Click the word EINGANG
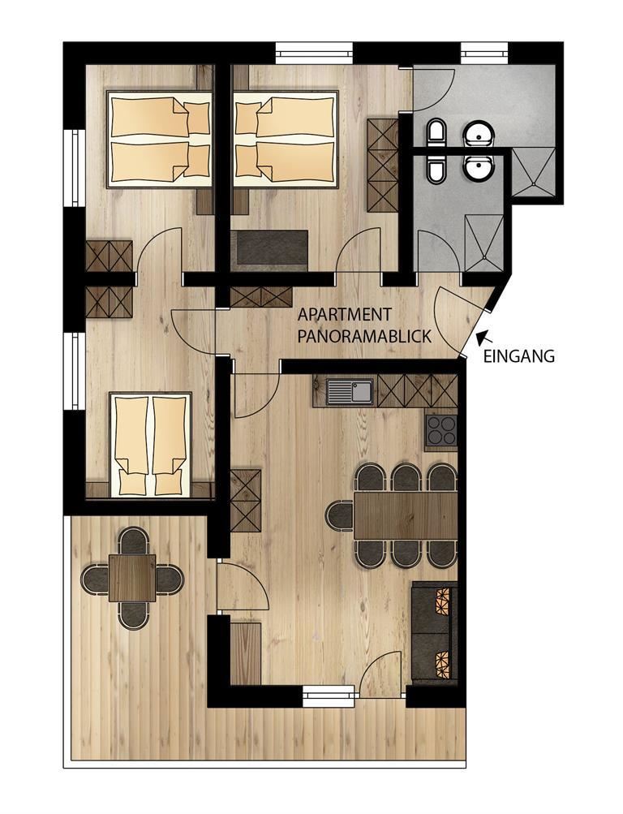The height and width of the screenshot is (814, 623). point(519,356)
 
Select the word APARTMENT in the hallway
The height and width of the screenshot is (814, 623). point(345,315)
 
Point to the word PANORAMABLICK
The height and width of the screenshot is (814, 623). point(364,337)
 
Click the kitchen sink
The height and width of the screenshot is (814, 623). point(350,391)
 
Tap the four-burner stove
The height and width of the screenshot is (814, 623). point(441,432)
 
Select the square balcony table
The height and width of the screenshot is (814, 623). point(132,578)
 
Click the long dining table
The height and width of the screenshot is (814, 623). point(406,515)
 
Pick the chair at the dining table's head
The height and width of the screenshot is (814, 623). point(340,515)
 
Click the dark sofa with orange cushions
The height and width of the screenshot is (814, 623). point(435,632)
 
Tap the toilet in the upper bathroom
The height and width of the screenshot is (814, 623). point(436,133)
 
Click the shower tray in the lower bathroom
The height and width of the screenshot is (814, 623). point(484,243)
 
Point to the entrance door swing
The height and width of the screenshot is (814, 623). point(450,316)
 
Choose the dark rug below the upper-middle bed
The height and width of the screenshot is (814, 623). point(272,252)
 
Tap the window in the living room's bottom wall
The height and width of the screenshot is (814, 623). point(329,695)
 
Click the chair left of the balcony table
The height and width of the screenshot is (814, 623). point(95,579)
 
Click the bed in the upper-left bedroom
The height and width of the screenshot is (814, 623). point(160,139)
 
